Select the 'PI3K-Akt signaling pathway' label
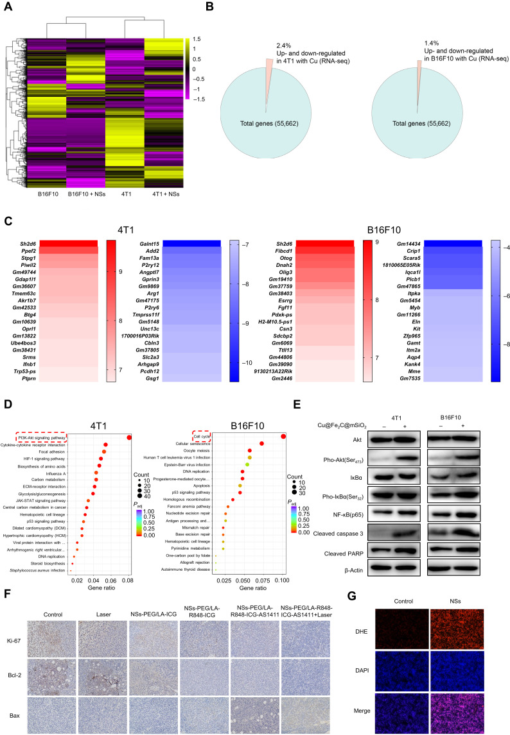[40, 437]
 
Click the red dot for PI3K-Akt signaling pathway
[129, 437]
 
